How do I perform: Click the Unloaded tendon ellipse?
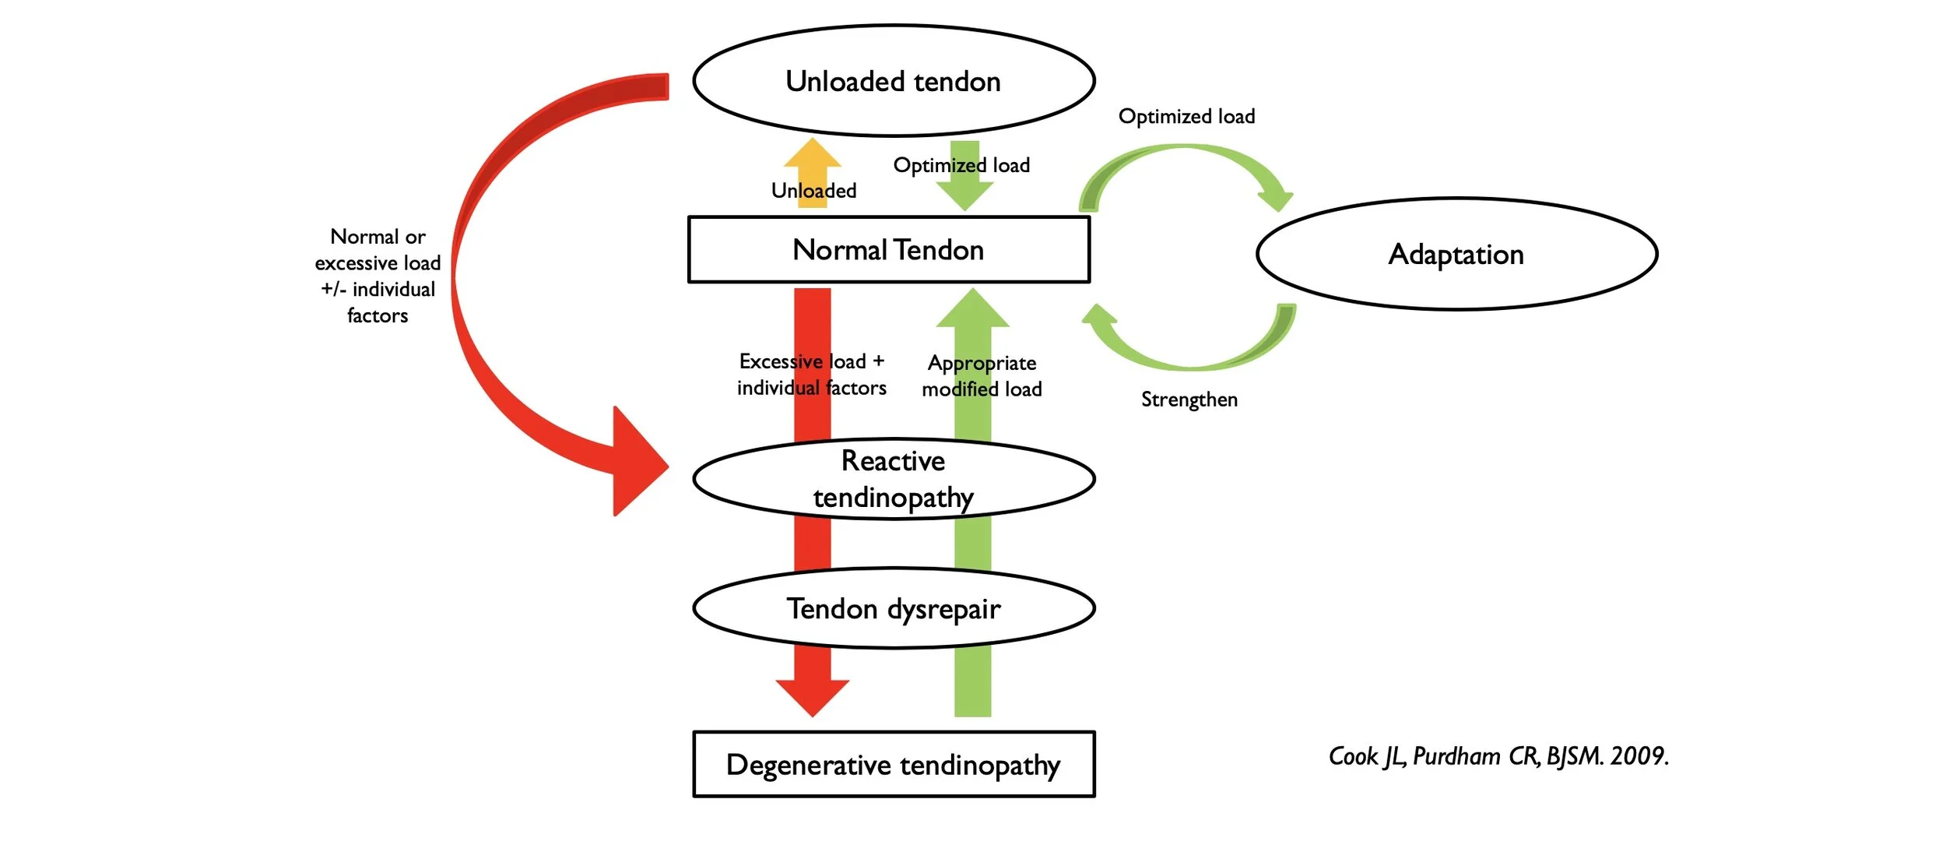894,81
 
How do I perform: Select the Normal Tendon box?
888,250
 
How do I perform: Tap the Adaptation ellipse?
1456,254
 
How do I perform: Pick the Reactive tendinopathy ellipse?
894,479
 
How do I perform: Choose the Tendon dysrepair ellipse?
894,608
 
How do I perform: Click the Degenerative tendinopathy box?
894,765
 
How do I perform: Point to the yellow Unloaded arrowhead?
812,153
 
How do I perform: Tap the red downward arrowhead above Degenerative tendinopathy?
812,695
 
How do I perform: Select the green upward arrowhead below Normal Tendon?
972,310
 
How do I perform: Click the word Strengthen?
1189,400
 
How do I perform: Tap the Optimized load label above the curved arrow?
1186,117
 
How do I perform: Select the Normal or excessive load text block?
378,276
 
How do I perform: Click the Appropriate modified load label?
982,376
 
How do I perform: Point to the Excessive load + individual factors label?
811,375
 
